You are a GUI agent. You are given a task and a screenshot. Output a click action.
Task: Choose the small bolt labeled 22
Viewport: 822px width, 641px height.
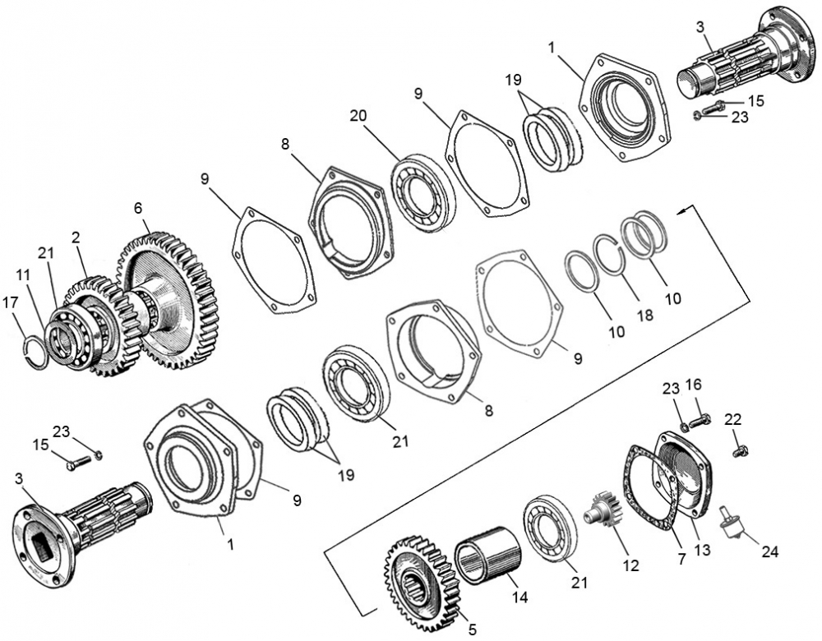pyautogui.click(x=739, y=450)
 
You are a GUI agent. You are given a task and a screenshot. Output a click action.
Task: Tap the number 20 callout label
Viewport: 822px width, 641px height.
pyautogui.click(x=358, y=117)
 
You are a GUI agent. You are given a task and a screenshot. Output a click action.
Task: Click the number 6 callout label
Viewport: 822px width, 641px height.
pyautogui.click(x=138, y=210)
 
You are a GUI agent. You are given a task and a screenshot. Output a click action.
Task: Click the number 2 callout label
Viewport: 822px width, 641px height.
pyautogui.click(x=75, y=237)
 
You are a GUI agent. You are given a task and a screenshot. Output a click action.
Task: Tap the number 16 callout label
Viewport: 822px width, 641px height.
pyautogui.click(x=693, y=384)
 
